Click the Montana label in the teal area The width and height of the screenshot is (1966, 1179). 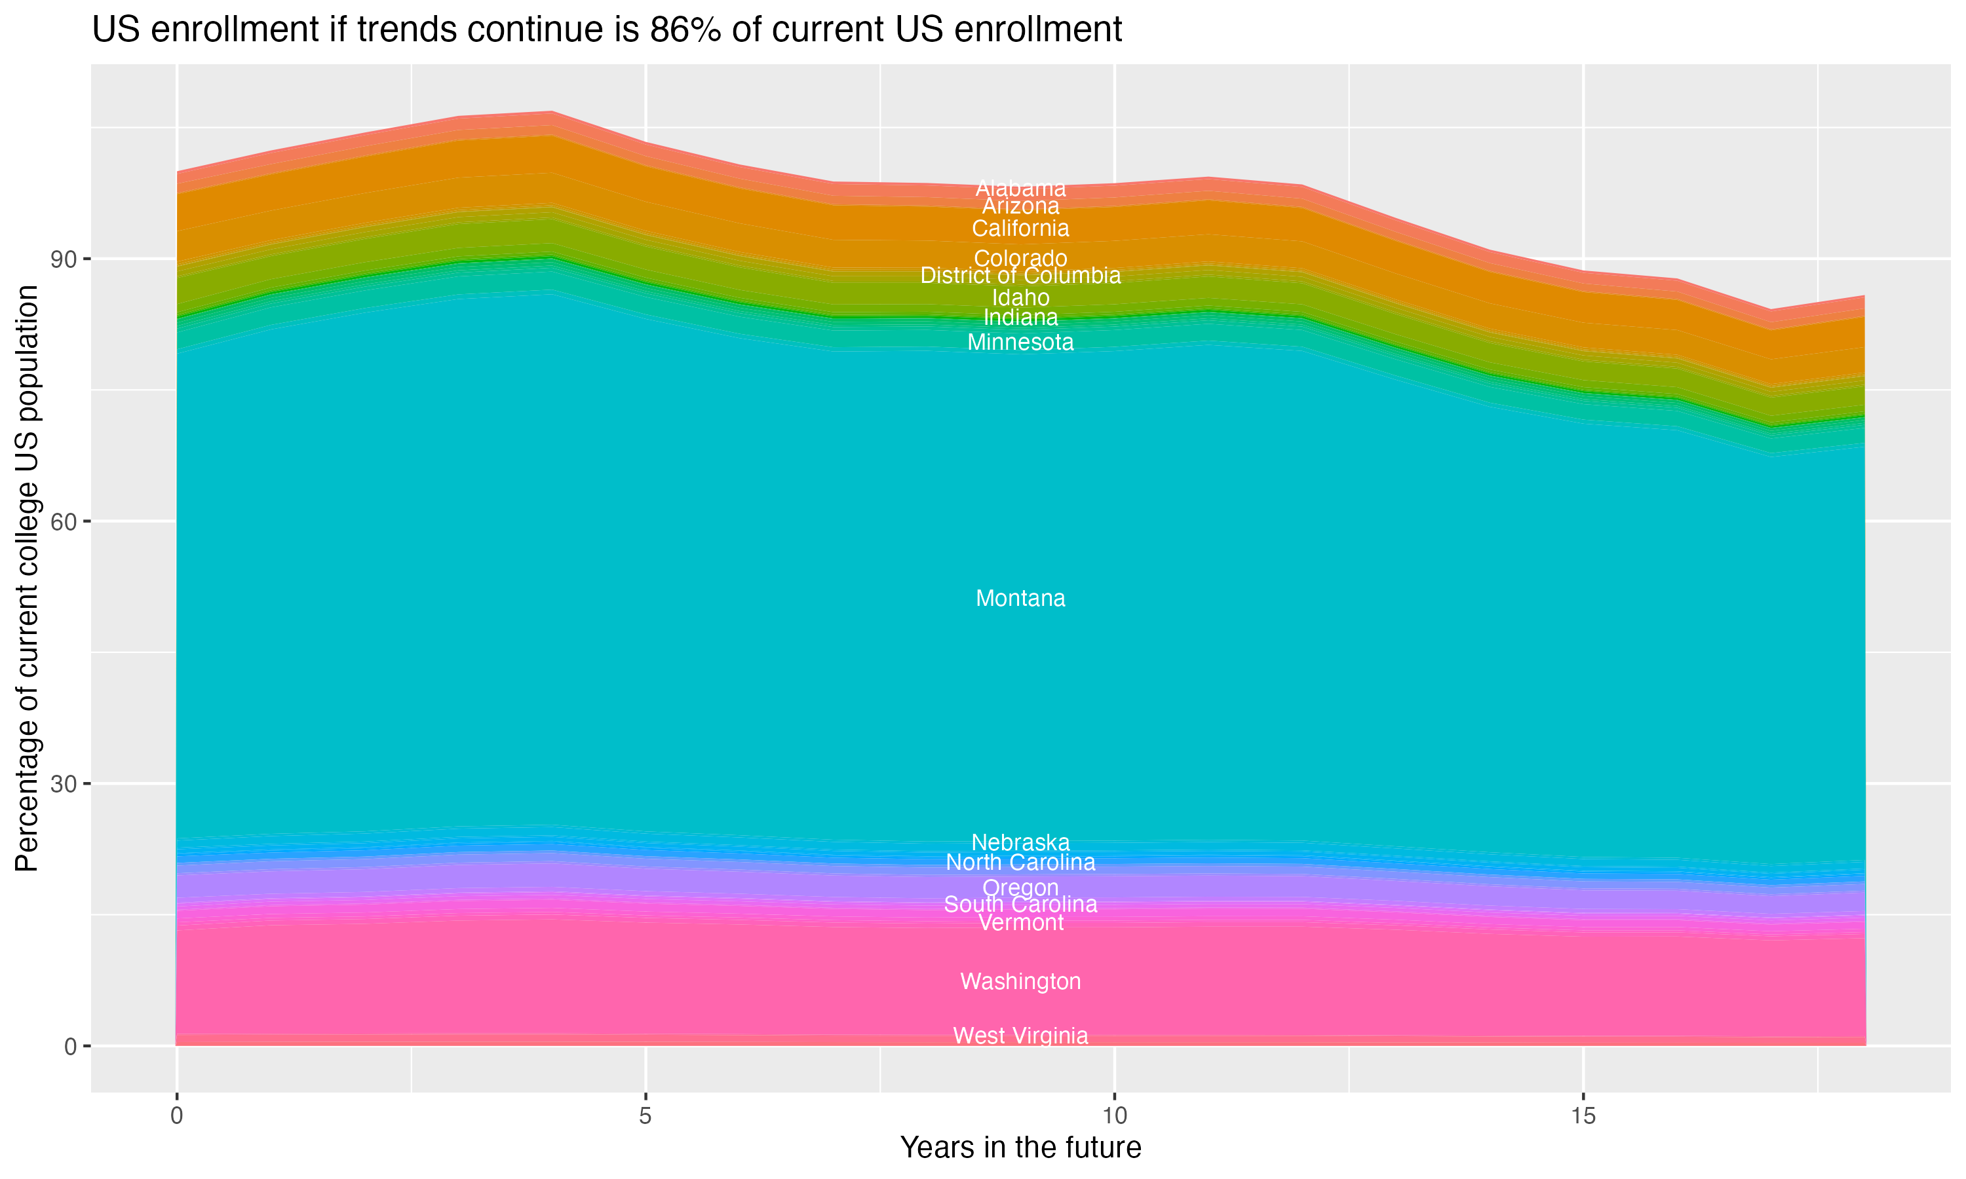tap(1020, 598)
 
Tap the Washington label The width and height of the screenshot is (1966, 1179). tap(1020, 981)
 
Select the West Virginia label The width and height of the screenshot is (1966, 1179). tap(1020, 1036)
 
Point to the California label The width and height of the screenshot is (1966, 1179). tap(1020, 229)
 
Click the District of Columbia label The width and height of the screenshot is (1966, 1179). tap(1020, 276)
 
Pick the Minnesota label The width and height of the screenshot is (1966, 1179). tap(1020, 343)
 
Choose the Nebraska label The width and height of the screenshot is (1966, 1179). tap(1020, 842)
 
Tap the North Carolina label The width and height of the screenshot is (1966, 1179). tap(1020, 862)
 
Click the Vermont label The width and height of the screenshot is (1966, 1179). tap(1020, 923)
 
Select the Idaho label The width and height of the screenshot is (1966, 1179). tap(1020, 298)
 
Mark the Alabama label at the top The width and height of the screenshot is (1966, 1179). tap(1020, 188)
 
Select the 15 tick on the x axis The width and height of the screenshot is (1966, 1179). tap(1583, 1116)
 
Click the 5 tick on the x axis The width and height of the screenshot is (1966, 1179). tap(646, 1116)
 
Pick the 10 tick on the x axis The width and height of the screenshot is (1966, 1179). tap(1114, 1116)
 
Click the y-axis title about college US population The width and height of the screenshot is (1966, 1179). tap(27, 578)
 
